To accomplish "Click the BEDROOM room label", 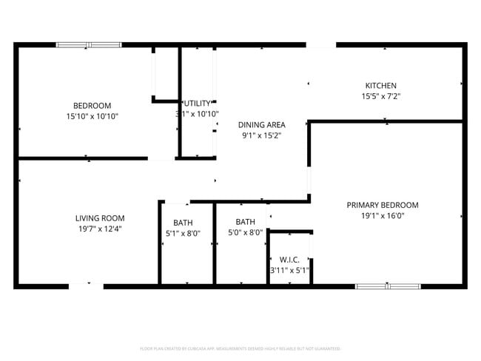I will (92, 105).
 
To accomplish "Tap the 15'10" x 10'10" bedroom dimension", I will (92, 116).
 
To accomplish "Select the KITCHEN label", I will (381, 86).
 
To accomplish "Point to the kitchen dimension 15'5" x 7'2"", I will (381, 96).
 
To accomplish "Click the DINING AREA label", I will (261, 125).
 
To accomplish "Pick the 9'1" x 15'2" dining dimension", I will (261, 135).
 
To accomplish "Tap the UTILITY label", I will (198, 104).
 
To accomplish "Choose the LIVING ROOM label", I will (100, 218).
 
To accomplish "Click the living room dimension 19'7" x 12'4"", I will (100, 229).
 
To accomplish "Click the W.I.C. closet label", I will (289, 260).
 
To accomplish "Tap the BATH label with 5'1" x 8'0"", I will (183, 223).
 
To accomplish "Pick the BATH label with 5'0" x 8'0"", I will (245, 222).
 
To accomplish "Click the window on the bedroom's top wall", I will (89, 45).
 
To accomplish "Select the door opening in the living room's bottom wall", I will (86, 286).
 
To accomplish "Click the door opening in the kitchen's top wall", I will (321, 46).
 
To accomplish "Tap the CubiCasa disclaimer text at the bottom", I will (240, 348).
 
